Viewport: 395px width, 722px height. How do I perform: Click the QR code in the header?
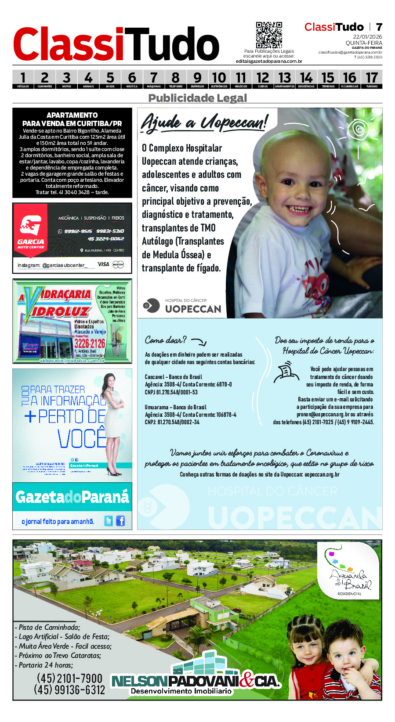269,35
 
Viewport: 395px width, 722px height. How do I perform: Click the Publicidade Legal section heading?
197,98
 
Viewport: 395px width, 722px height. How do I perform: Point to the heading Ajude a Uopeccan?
204,122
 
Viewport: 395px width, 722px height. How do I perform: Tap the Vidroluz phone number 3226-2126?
90,343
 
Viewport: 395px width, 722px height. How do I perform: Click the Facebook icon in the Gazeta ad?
120,521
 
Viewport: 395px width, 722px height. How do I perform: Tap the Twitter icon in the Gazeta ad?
109,521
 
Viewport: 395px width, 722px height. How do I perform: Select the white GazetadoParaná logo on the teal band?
72,497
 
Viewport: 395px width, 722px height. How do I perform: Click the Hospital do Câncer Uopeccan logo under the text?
182,306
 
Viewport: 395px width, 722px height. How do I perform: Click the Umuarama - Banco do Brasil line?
175,407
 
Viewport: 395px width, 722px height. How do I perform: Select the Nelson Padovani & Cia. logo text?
196,681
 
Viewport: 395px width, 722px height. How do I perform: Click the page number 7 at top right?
379,27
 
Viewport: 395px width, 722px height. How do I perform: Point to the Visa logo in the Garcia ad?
103,264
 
